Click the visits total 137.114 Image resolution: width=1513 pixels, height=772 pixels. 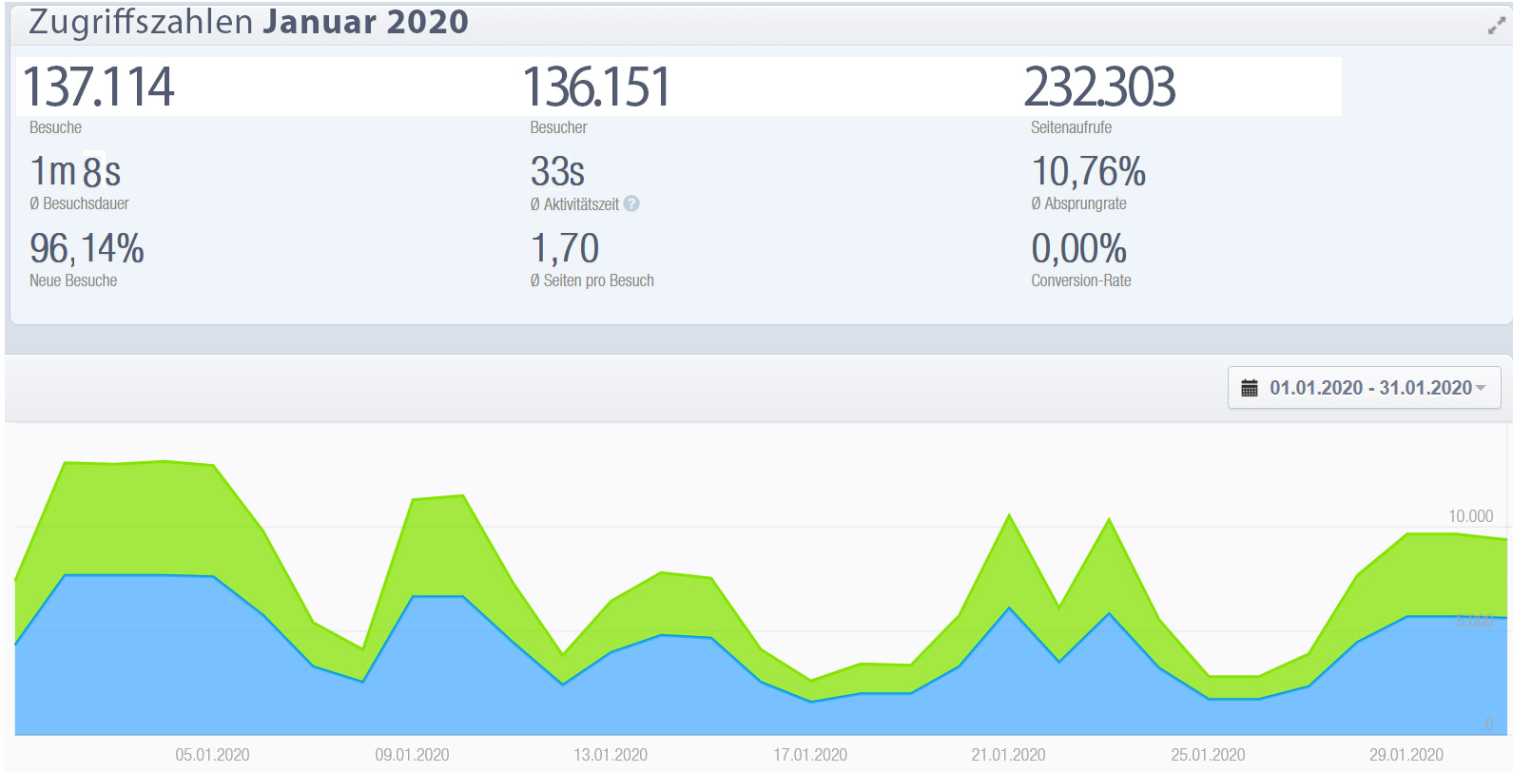pos(99,87)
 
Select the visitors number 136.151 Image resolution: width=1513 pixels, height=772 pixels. pos(597,87)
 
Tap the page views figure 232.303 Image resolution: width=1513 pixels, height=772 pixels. pos(1099,87)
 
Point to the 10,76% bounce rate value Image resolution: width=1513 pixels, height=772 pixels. pos(1088,172)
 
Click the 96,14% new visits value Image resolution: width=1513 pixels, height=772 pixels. pos(87,249)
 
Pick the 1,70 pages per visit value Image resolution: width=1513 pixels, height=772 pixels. pos(565,249)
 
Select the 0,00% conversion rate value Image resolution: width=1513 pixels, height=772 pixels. pos(1078,249)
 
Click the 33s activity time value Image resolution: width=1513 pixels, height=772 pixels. pos(557,172)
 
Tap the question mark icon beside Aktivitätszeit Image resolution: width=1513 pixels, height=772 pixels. pos(631,203)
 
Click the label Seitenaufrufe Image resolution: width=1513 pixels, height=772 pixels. pos(1071,127)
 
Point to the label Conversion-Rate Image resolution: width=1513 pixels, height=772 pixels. pos(1081,280)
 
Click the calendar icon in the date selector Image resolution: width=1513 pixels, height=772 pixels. pos(1250,388)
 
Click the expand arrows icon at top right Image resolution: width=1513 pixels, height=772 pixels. pos(1496,27)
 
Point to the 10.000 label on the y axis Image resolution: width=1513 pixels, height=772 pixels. pos(1470,516)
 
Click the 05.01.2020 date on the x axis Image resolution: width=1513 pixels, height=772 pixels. pos(212,755)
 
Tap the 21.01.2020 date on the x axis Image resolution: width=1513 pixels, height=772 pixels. pos(1008,755)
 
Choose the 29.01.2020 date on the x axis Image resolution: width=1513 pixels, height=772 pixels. pos(1406,755)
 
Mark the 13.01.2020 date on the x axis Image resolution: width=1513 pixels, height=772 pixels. pos(611,755)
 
